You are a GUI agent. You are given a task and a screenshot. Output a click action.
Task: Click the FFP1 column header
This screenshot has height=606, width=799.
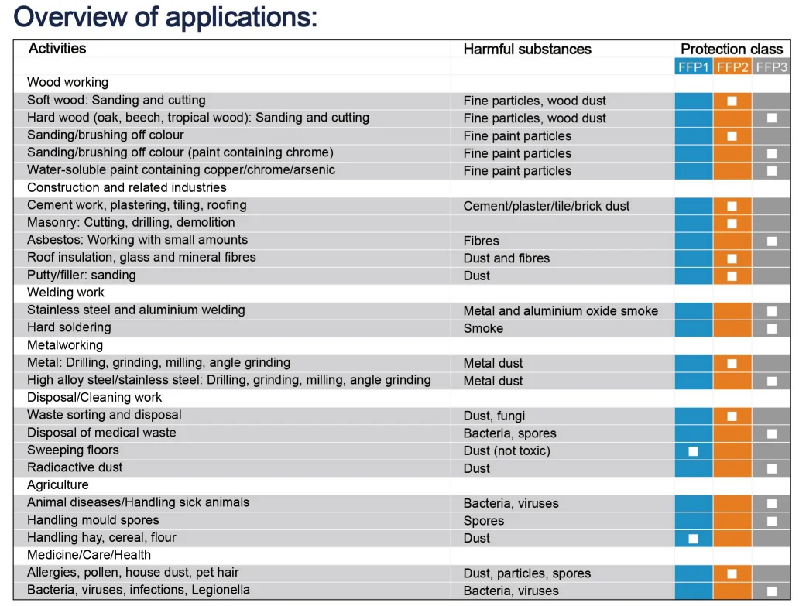pyautogui.click(x=694, y=67)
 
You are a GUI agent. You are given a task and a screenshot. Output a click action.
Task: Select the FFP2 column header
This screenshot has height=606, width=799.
pyautogui.click(x=732, y=67)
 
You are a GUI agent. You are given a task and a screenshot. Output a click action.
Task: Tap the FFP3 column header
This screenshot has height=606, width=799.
pyautogui.click(x=771, y=67)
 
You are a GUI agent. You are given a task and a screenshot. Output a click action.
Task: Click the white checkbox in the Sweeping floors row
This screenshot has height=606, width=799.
pyautogui.click(x=694, y=451)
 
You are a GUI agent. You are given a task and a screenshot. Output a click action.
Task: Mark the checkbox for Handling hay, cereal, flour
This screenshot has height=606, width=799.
pyautogui.click(x=694, y=539)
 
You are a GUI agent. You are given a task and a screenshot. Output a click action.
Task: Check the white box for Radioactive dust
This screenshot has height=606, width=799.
pyautogui.click(x=771, y=468)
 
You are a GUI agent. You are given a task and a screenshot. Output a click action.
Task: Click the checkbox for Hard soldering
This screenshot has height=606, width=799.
pyautogui.click(x=771, y=328)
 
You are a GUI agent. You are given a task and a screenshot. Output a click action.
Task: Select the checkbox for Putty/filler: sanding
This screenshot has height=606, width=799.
pyautogui.click(x=732, y=276)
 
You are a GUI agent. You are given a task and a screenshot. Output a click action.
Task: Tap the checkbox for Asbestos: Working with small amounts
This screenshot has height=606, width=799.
pyautogui.click(x=771, y=241)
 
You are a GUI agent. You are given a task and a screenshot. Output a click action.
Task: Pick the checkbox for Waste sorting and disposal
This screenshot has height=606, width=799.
pyautogui.click(x=732, y=416)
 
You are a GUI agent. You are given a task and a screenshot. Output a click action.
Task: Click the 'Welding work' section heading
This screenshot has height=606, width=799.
pyautogui.click(x=66, y=293)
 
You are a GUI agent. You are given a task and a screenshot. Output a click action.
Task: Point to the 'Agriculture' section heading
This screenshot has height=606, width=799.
pyautogui.click(x=58, y=485)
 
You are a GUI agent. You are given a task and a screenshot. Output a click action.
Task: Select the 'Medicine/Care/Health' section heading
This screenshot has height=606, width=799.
pyautogui.click(x=89, y=555)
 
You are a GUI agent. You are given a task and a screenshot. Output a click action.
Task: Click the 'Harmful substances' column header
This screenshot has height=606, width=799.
pyautogui.click(x=527, y=50)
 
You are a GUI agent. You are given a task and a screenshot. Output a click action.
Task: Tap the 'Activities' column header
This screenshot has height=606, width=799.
pyautogui.click(x=57, y=49)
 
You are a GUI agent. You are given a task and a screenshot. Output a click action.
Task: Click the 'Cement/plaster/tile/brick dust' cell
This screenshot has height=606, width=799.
pyautogui.click(x=547, y=206)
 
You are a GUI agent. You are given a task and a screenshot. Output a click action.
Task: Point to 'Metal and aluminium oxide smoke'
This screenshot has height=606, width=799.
pyautogui.click(x=561, y=311)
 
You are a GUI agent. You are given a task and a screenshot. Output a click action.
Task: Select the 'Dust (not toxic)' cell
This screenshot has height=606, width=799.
pyautogui.click(x=507, y=451)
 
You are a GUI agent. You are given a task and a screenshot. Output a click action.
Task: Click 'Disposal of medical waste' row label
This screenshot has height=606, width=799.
pyautogui.click(x=101, y=433)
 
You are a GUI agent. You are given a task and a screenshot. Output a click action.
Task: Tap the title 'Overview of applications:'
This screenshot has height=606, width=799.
pyautogui.click(x=166, y=16)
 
